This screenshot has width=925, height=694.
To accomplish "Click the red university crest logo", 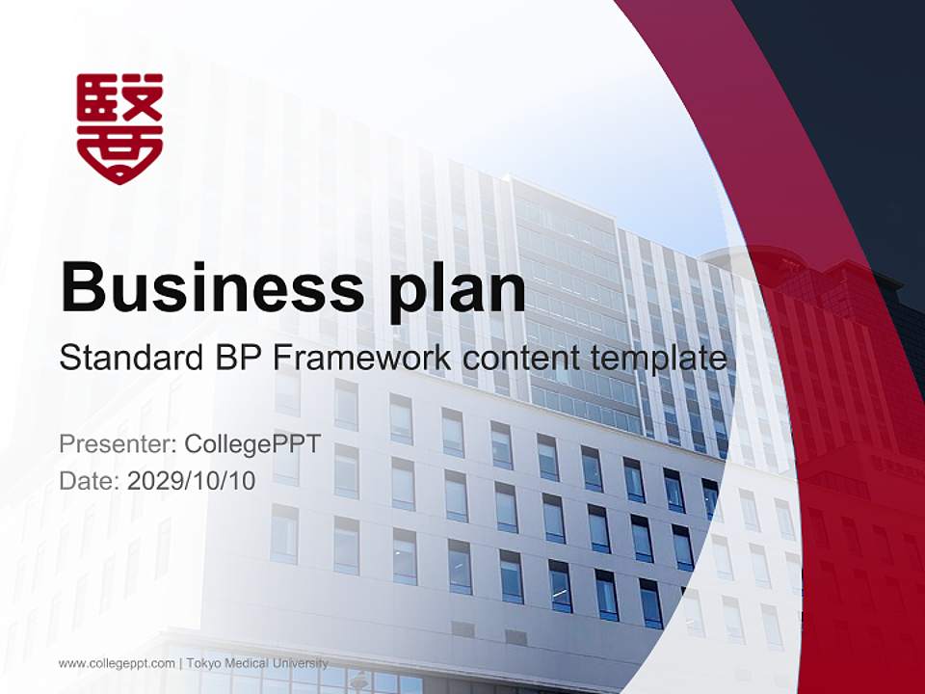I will (x=119, y=128).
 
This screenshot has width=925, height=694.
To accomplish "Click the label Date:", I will (x=90, y=480).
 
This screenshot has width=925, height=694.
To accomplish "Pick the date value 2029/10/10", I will (x=192, y=480).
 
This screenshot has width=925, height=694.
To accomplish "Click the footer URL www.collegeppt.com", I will (x=117, y=663).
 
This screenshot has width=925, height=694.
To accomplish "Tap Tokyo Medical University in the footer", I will (x=257, y=663).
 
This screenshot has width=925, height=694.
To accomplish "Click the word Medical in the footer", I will (x=246, y=663).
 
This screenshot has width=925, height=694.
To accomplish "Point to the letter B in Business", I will (x=84, y=286).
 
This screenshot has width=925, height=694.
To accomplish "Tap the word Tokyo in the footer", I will (x=202, y=663).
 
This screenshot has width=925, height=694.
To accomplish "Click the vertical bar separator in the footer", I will (x=181, y=663).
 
